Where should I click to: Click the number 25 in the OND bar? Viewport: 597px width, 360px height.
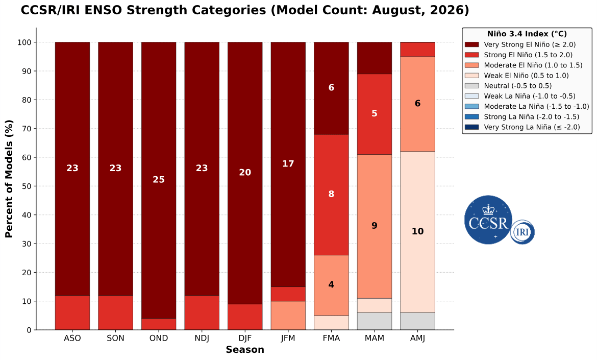coord(159,179)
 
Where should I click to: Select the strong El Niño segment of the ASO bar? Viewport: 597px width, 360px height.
coord(72,313)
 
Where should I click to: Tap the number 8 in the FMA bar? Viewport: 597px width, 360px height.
coord(331,194)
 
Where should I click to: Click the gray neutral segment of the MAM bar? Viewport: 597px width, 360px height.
coord(374,321)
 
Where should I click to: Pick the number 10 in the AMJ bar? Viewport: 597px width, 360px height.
coord(418,231)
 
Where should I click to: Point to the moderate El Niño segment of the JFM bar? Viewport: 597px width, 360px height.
coord(288,316)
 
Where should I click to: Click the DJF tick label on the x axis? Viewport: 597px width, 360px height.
coord(245,338)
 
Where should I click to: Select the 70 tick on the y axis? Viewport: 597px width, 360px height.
coord(27,129)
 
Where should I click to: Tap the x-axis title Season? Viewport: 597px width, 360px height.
coord(245,350)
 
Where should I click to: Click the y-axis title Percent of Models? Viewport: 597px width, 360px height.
coord(9,179)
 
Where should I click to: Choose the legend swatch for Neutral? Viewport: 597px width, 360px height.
coord(471,86)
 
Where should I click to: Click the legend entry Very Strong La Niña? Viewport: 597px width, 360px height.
coord(532,127)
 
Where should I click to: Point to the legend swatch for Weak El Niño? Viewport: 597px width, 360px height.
coord(471,76)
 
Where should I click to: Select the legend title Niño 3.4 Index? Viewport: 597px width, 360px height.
coord(527,34)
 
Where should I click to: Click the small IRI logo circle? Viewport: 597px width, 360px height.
coord(523,232)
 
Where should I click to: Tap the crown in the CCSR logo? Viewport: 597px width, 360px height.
coord(488,209)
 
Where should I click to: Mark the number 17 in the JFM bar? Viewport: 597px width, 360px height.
coord(288,164)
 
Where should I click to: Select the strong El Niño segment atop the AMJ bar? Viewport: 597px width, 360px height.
coord(418,50)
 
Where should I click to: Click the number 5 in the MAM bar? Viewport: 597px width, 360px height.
coord(374,113)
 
